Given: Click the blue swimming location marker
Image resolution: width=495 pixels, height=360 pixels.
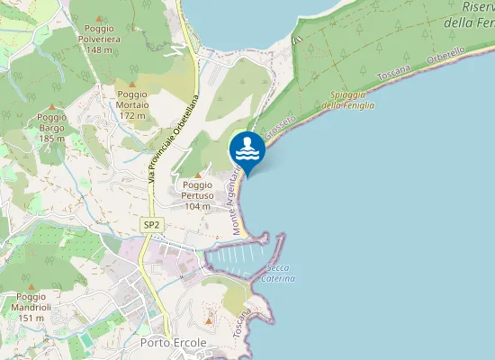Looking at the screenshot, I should [247, 148].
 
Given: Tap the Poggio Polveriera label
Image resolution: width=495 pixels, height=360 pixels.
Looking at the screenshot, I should [104, 40].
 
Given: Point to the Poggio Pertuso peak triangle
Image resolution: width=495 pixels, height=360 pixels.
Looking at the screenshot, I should [197, 174].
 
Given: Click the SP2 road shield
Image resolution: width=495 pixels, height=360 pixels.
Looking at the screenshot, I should [150, 224].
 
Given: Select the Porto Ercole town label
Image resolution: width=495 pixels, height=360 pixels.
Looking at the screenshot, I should [174, 343].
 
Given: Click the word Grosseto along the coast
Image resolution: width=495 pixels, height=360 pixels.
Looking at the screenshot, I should [280, 129].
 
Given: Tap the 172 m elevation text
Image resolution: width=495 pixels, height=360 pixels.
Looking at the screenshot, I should [132, 115].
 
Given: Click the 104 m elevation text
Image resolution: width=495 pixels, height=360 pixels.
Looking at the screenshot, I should [197, 206].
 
